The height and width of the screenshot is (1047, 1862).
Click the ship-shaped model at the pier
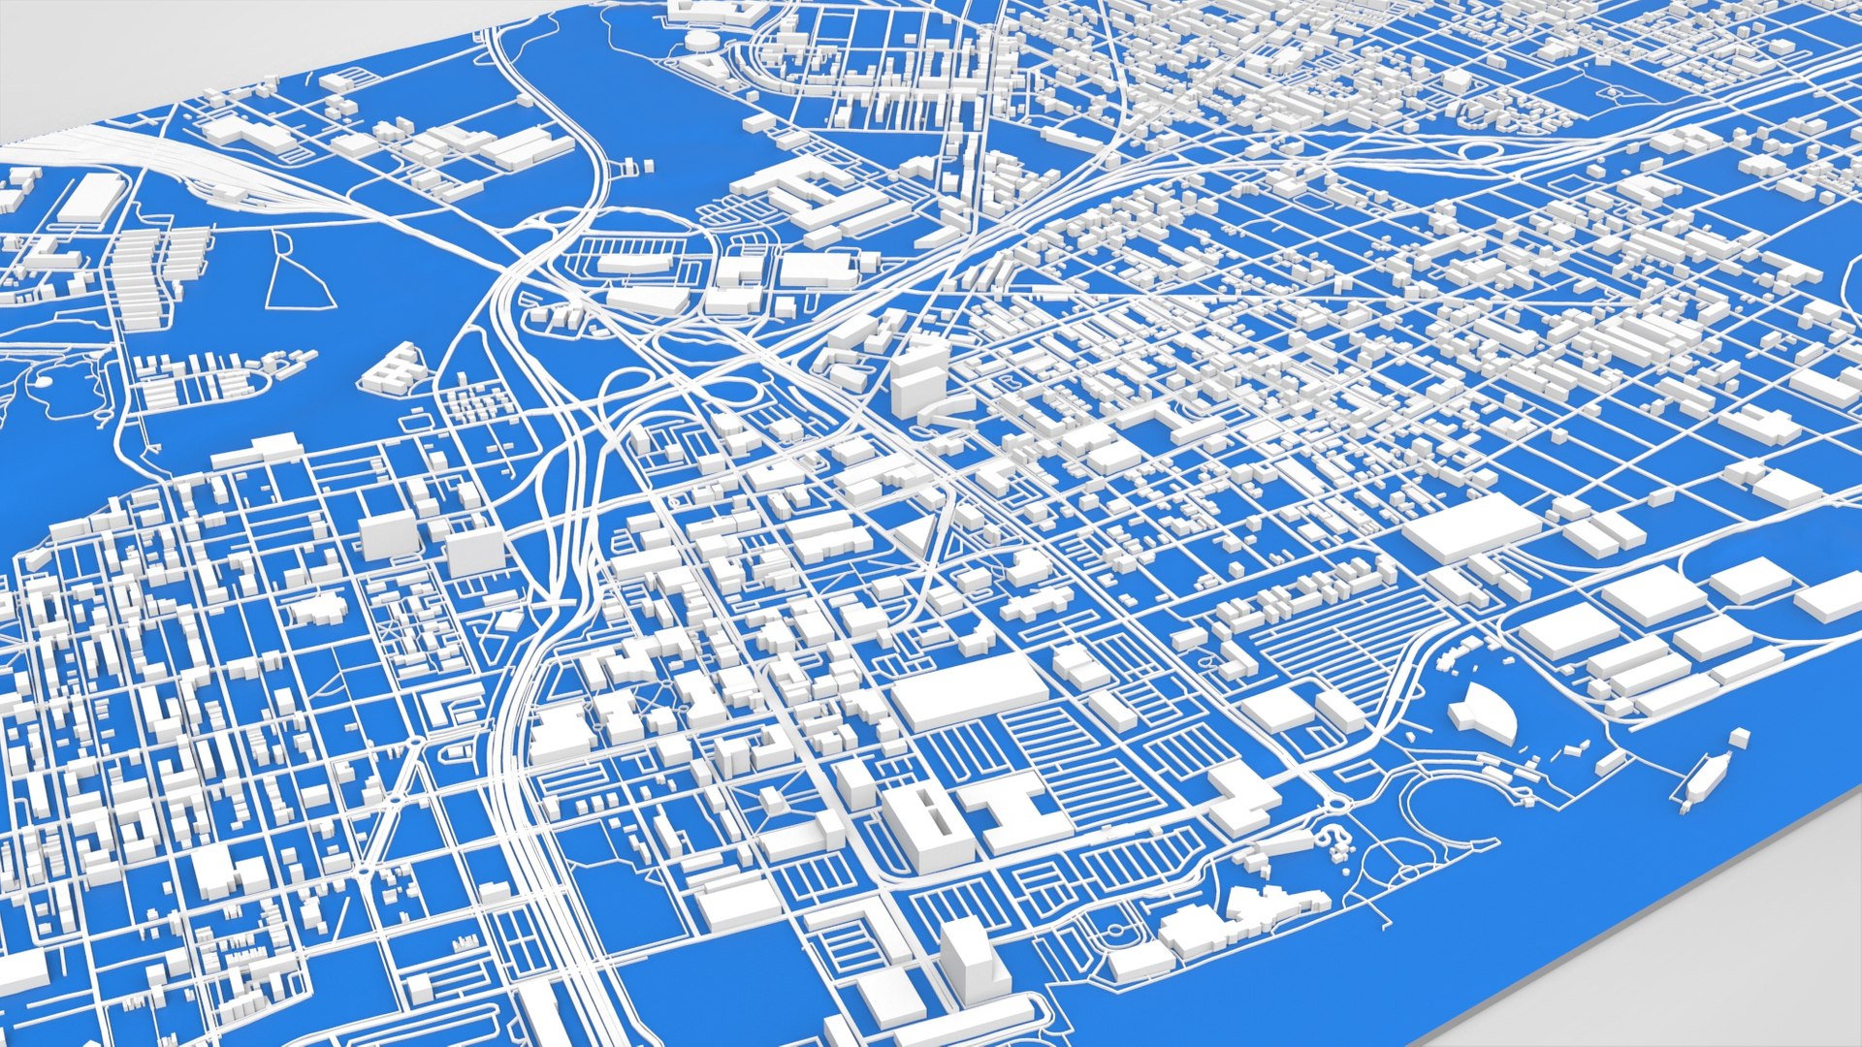point(1703,778)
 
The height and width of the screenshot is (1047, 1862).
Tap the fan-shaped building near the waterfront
point(1484,713)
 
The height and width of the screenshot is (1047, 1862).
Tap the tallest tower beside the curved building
point(917,378)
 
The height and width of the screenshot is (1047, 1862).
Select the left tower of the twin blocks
point(388,535)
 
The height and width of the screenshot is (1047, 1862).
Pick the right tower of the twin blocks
point(475,551)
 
